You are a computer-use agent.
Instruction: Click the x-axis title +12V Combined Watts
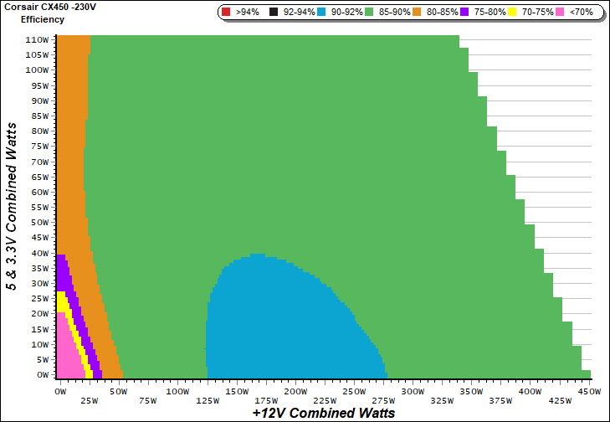coord(323,413)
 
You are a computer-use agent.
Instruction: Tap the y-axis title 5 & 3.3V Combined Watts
coord(12,206)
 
